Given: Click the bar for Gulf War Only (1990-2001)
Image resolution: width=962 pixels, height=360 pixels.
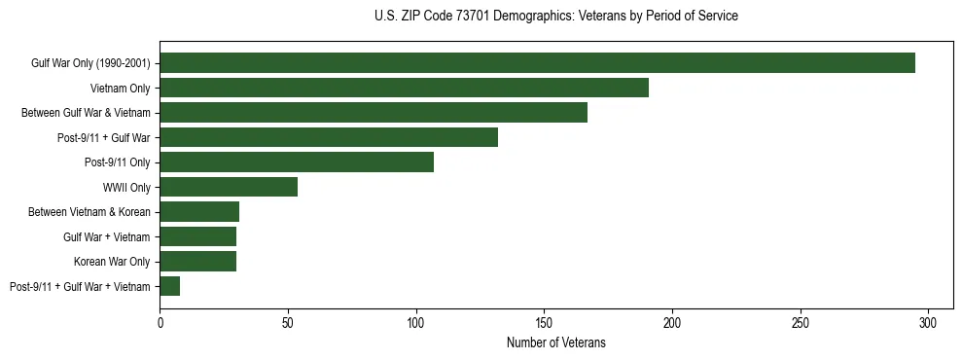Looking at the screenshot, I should click(537, 63).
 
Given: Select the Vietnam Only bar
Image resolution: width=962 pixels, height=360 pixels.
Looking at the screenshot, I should click(404, 88).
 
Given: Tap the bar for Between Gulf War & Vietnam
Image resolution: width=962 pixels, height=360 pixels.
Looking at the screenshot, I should click(374, 113).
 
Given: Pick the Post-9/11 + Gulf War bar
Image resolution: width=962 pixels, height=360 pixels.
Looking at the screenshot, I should click(329, 137).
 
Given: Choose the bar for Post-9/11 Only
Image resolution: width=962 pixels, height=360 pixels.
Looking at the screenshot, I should click(297, 162).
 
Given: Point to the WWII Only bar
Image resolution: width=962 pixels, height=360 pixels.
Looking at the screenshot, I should click(229, 187).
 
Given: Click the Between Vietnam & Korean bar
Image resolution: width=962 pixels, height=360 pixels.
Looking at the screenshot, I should click(199, 212).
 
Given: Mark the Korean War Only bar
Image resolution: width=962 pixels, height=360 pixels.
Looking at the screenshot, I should click(198, 261).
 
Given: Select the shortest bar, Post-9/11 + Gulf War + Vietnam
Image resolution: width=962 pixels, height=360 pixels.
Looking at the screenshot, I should click(170, 286).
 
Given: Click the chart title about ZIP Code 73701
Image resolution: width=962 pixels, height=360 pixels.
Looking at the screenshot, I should click(555, 17).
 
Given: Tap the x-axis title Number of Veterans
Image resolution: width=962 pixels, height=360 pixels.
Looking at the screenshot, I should click(555, 342).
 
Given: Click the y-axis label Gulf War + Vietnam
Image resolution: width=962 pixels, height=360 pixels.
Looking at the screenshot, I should click(106, 236).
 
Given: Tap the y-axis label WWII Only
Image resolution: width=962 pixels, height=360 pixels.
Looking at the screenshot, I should click(126, 187).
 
